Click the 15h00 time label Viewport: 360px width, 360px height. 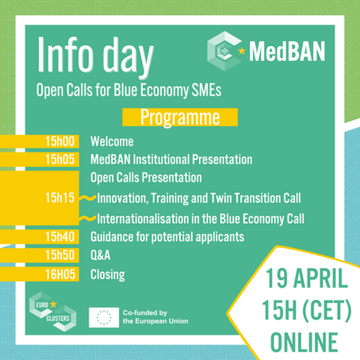(62, 142)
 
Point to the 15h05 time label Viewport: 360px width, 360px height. (62, 159)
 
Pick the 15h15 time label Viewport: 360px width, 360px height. (62, 197)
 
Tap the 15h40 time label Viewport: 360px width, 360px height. (62, 236)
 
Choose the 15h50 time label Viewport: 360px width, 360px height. (62, 255)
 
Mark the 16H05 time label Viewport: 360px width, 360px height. (62, 275)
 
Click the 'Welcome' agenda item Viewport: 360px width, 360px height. (112, 142)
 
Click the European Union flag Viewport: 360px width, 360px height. (103, 317)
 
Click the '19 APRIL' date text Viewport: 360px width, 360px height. (297, 281)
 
